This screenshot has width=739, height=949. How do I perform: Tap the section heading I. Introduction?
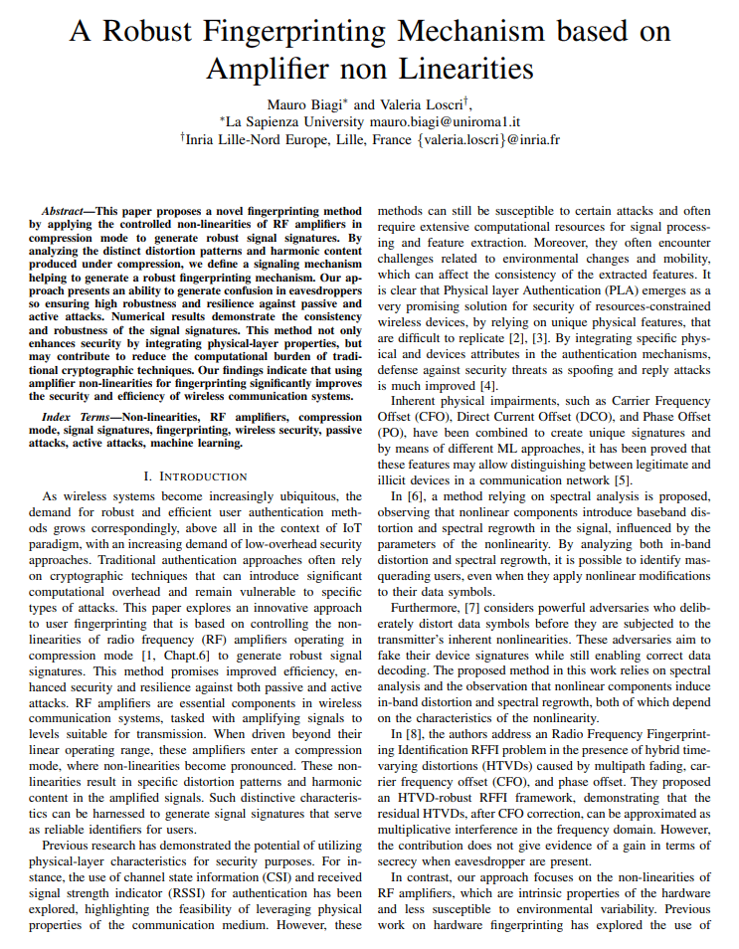[x=196, y=476]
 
